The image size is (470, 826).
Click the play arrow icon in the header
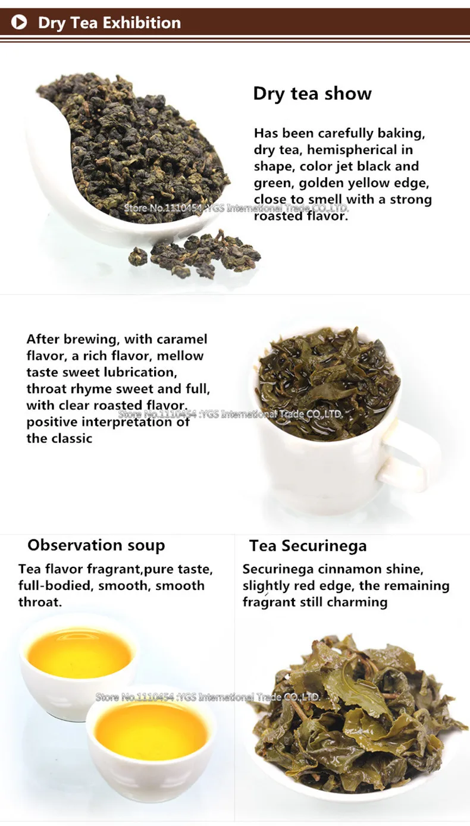[19, 23]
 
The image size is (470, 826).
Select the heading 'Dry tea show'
[312, 93]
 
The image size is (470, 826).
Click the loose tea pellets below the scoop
[196, 255]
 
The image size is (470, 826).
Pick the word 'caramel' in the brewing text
[182, 339]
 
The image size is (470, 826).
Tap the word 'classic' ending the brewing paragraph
[70, 439]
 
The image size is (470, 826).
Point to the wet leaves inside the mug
[328, 381]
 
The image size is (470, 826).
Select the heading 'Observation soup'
[96, 545]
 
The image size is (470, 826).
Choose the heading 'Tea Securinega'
[308, 545]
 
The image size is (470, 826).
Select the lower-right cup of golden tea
[152, 731]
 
